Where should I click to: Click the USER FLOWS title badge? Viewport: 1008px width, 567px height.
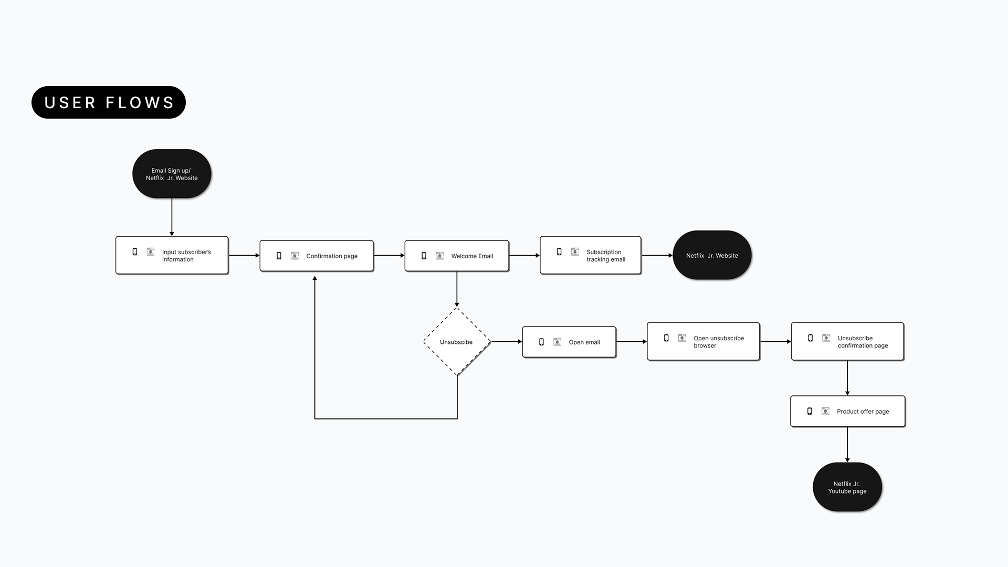[x=109, y=102]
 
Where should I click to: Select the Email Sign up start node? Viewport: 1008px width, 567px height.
[x=172, y=174]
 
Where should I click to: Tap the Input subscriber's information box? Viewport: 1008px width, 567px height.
[x=172, y=255]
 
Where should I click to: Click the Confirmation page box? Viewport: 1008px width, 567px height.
[x=317, y=256]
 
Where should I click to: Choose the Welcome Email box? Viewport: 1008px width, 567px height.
[x=457, y=256]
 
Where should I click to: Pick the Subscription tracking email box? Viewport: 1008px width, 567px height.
[x=591, y=255]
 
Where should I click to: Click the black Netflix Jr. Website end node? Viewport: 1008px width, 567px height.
[x=712, y=255]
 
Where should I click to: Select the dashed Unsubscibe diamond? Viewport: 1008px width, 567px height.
[x=457, y=342]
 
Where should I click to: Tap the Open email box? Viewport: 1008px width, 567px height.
[x=569, y=342]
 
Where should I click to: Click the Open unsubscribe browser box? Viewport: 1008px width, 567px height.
[x=703, y=341]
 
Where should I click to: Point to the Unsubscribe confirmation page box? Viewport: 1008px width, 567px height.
[x=847, y=341]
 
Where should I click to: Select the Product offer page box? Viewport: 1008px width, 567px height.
[x=847, y=411]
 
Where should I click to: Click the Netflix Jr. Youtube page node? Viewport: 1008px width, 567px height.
[x=847, y=487]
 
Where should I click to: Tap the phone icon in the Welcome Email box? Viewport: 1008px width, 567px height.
[x=424, y=256]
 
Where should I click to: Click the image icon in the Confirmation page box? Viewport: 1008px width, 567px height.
[x=295, y=256]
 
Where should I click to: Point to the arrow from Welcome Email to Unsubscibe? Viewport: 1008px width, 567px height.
[x=457, y=289]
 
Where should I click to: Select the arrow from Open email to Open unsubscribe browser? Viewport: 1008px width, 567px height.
[x=632, y=342]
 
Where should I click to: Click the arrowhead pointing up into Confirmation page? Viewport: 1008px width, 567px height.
[x=315, y=279]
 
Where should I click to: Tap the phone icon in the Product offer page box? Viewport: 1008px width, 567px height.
[x=810, y=411]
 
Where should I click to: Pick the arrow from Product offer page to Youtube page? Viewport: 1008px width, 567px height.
[x=847, y=444]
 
